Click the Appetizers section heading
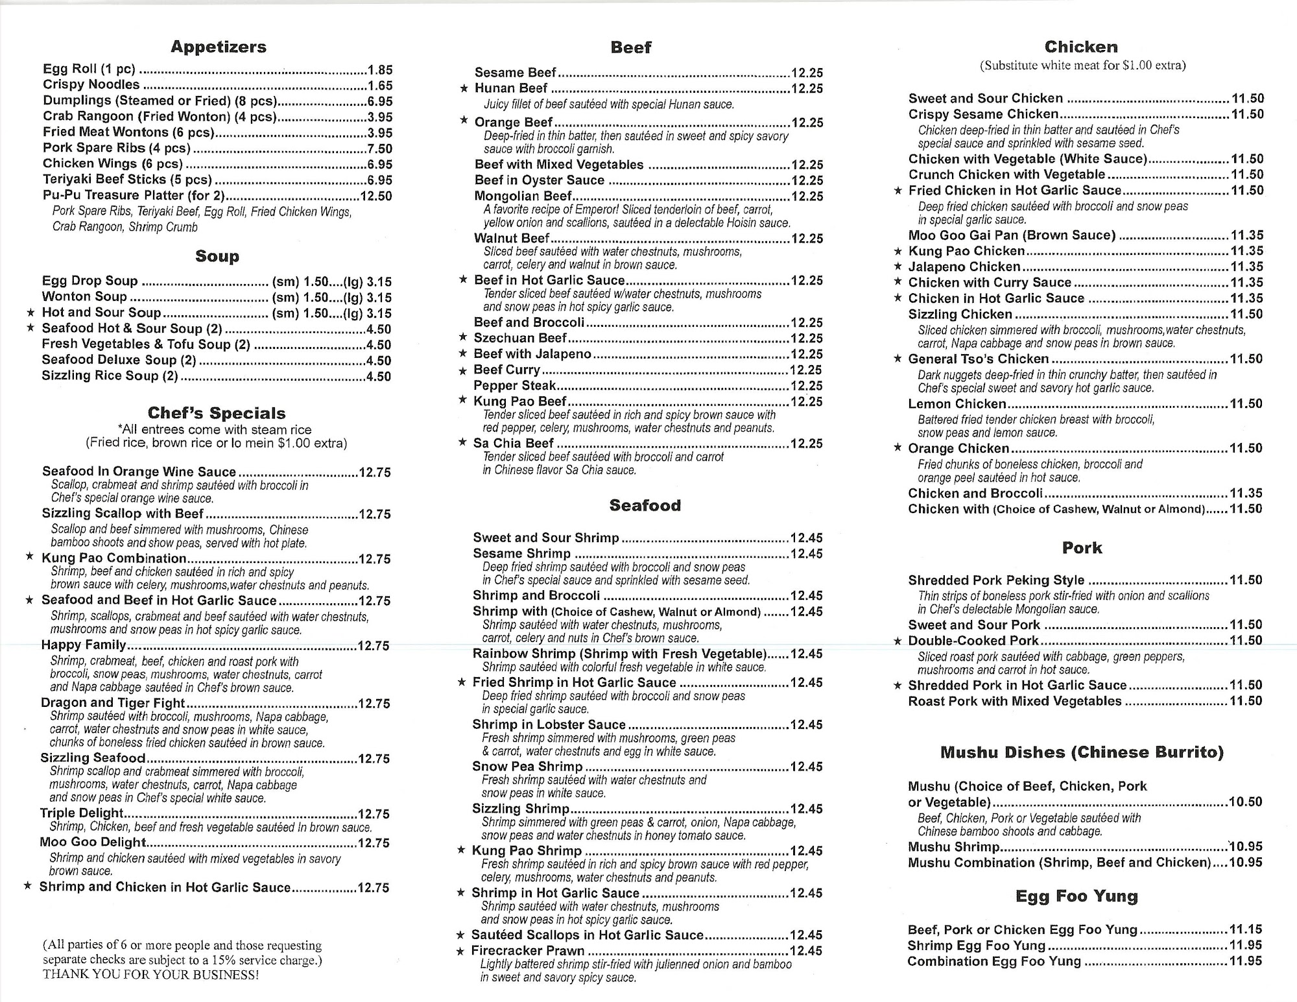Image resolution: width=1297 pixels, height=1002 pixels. point(219,47)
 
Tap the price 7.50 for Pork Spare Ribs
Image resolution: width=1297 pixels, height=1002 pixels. point(379,149)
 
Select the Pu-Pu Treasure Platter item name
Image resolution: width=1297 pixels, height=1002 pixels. point(134,195)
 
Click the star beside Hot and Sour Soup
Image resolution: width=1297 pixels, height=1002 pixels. point(30,313)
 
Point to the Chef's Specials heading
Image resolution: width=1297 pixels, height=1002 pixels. point(217,413)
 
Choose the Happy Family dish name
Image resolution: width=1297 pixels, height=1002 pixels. point(84,645)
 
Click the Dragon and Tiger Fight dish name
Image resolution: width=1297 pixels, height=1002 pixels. point(113,702)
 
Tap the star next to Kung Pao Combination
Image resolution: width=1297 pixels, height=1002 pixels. point(29,557)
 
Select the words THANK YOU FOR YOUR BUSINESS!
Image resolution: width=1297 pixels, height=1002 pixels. point(150,975)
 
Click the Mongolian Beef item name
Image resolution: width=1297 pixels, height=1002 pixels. point(523,196)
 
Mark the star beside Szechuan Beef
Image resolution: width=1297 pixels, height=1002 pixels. point(462,337)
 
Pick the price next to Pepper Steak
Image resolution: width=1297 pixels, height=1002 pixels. point(806,386)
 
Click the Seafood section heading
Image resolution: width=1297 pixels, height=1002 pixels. point(645,505)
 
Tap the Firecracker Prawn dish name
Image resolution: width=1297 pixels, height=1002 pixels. point(528,951)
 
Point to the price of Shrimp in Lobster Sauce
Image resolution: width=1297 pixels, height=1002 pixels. point(806,724)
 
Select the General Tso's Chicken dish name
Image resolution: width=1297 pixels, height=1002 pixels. point(978,359)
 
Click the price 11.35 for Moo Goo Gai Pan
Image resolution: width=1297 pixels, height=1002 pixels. point(1246,235)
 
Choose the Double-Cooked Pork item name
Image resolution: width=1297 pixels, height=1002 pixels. point(973,641)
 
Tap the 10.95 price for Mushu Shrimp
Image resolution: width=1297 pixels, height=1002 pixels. point(1246,846)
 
